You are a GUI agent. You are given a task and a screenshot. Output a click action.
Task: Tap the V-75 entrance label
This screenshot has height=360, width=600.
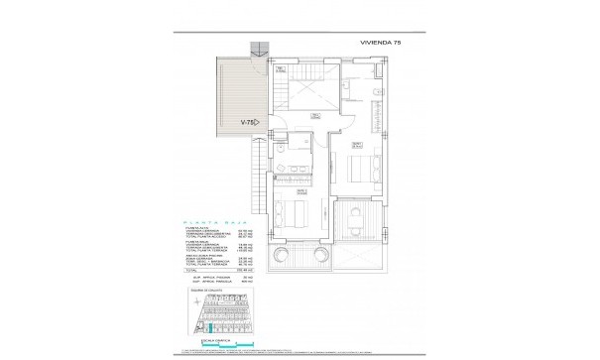(x=249, y=122)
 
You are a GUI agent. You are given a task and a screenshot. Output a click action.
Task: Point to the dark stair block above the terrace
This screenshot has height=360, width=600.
(x=260, y=49)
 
